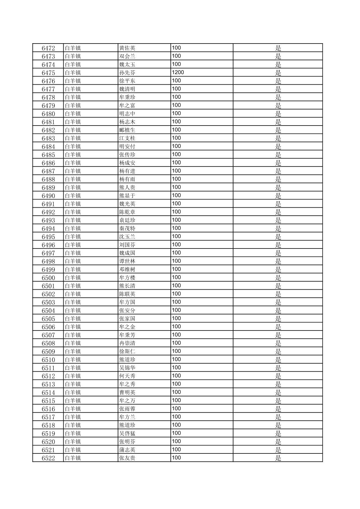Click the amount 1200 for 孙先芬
pos(178,72)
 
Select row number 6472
pos(48,48)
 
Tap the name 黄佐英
pos(127,48)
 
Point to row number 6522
pos(48,458)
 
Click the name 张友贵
pos(127,458)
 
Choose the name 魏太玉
pos(127,64)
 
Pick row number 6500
pos(48,278)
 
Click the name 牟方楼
pos(127,278)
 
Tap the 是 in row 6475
pos(278,73)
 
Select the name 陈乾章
pos(127,212)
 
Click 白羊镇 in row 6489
pos(73,188)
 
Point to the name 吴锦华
pos(127,368)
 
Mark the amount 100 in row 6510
pos(176,359)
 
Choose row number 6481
pos(48,122)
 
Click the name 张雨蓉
pos(127,409)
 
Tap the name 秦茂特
pos(127,228)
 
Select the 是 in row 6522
pos(278,458)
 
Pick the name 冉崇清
pos(127,343)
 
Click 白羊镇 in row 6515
pos(73,401)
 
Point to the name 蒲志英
pos(127,450)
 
